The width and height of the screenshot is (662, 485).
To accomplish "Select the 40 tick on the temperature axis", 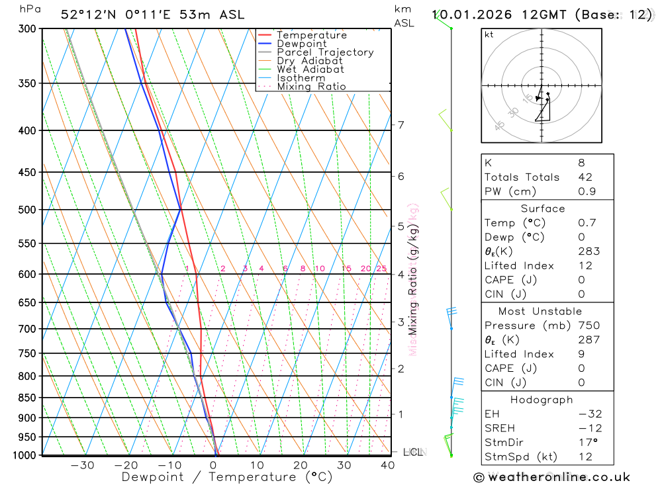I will (387, 465).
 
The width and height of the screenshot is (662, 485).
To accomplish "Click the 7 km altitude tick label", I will (401, 125).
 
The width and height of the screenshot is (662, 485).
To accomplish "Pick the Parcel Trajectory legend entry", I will (325, 52).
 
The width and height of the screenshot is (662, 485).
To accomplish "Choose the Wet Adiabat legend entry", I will (310, 69).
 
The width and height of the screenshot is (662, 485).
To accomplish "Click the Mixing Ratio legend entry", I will (311, 87).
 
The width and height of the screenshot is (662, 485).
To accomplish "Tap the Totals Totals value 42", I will (585, 177).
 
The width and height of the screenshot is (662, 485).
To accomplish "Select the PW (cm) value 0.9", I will (587, 192).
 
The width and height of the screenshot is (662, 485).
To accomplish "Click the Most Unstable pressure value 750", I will (589, 326).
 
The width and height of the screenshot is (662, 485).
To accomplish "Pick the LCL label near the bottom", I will (412, 453).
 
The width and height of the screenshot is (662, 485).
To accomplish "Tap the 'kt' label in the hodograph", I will (489, 35).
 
